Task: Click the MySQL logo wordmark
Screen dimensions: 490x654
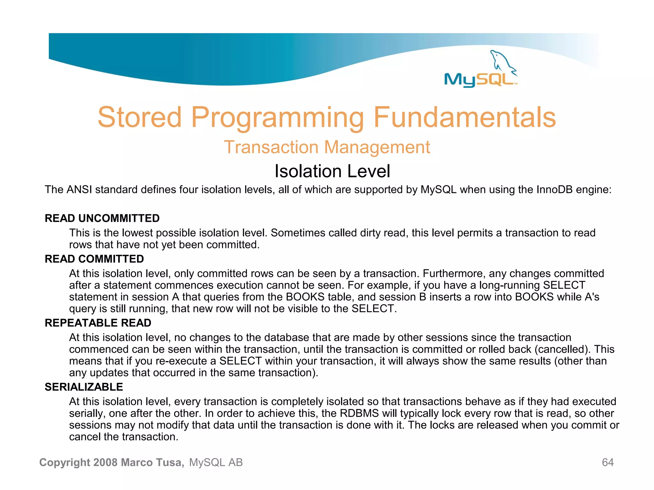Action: point(479,80)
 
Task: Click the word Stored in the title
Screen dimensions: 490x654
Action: point(140,117)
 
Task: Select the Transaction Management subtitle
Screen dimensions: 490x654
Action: point(327,147)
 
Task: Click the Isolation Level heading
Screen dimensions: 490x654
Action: point(332,171)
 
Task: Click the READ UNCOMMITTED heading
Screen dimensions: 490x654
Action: point(102,218)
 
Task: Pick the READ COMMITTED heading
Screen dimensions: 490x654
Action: point(94,259)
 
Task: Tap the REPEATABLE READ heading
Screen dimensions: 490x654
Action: point(98,323)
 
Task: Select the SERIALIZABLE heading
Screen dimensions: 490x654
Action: point(84,387)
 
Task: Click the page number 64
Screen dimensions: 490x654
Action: point(607,462)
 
